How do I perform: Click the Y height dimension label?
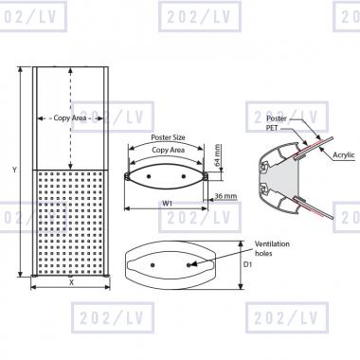coord(14,170)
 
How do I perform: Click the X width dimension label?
coord(71,282)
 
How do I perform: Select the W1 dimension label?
coord(168,204)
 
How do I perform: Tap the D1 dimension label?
coord(248,264)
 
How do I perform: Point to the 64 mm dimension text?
coord(217,155)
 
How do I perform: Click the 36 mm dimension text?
coord(225,196)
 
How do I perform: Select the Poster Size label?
coord(168,137)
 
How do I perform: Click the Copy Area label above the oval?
coord(168,150)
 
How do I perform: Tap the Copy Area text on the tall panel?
coord(70,118)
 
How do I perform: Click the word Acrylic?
coord(344,154)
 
